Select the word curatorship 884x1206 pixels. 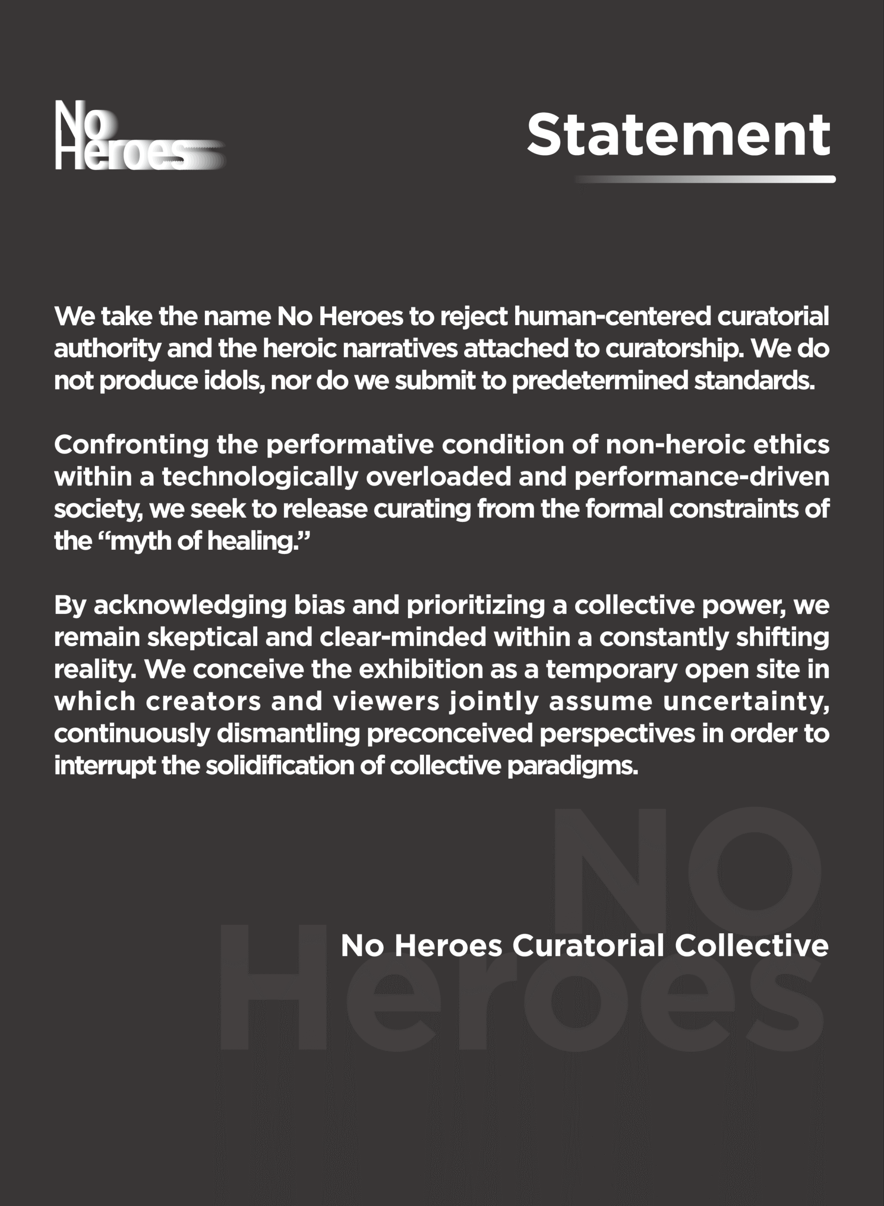point(674,349)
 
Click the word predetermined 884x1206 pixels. point(600,381)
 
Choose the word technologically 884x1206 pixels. point(260,477)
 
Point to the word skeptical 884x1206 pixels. point(203,637)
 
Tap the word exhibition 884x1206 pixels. point(421,669)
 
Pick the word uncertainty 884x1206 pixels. point(746,702)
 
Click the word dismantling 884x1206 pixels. point(288,734)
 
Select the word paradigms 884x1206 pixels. point(573,766)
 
